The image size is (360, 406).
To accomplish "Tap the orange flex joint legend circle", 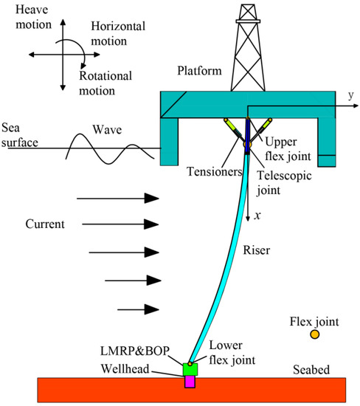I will pos(314,334).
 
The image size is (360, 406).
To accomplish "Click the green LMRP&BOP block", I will pos(190,369).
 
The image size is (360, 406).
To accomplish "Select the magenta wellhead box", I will pos(190,382).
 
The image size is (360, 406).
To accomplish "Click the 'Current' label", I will pos(44,223).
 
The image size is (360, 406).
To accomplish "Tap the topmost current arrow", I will pos(118,198).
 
